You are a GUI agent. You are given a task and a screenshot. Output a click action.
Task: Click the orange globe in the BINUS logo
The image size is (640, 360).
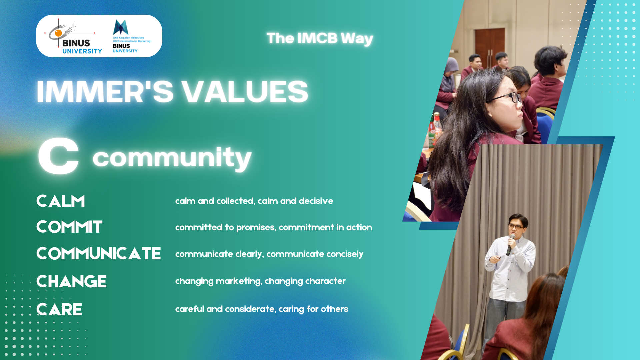point(59,33)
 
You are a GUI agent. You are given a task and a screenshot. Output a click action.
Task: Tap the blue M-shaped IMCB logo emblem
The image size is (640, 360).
point(121,27)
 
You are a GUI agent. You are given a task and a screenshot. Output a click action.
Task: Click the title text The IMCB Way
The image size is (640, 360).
point(320,38)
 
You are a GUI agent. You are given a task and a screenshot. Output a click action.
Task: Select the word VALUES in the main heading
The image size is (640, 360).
point(245,92)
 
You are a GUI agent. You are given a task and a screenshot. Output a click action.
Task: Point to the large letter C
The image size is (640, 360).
point(59,156)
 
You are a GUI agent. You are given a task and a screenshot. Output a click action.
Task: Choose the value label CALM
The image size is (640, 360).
point(61,201)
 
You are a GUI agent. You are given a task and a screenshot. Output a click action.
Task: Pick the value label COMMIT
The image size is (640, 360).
point(69,227)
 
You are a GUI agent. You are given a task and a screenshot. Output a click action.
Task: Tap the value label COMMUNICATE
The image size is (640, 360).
point(99,254)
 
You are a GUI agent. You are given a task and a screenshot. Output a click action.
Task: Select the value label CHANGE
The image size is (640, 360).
point(71,282)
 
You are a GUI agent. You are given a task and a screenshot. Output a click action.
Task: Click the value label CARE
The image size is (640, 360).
point(59,310)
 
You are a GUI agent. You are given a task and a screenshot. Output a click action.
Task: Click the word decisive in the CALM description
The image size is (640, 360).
point(316,201)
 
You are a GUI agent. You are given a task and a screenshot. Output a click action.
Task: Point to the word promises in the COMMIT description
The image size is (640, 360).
point(256,228)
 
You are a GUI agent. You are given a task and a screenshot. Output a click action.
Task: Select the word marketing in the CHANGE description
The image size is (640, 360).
point(239,281)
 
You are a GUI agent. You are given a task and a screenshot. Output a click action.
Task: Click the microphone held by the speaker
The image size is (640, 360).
point(510,245)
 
